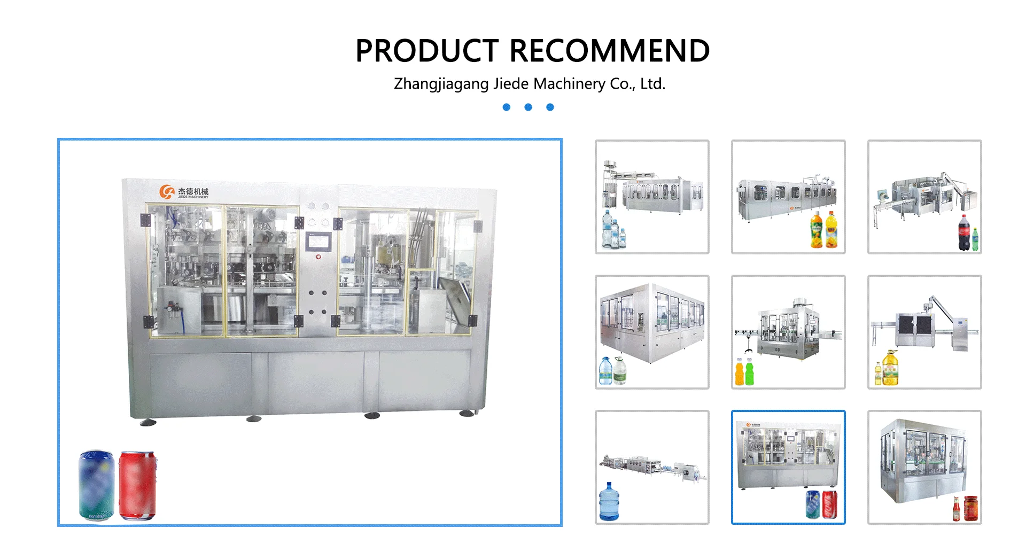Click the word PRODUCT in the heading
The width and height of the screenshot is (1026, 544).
(427, 51)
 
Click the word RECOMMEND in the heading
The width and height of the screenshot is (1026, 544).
(610, 51)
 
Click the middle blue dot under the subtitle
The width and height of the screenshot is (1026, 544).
(528, 107)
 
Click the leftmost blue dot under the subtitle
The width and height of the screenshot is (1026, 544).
(507, 107)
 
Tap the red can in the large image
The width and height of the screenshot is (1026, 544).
(137, 485)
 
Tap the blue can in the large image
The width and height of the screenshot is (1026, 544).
(97, 485)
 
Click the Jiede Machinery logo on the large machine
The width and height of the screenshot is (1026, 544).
(184, 192)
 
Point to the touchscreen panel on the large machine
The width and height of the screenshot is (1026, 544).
(318, 241)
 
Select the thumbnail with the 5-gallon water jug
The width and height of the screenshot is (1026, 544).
(652, 467)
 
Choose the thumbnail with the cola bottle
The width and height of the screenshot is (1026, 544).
(924, 197)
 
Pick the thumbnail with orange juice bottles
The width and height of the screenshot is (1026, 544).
(788, 197)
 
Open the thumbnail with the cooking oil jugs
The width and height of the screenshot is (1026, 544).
(924, 332)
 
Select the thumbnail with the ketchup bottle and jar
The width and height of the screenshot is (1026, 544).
(924, 467)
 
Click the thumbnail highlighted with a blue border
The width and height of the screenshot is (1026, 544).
(788, 467)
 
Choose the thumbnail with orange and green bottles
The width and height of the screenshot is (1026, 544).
(788, 332)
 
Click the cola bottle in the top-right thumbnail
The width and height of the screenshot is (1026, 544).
(963, 233)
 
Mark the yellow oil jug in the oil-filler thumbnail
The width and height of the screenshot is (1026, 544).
(890, 369)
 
